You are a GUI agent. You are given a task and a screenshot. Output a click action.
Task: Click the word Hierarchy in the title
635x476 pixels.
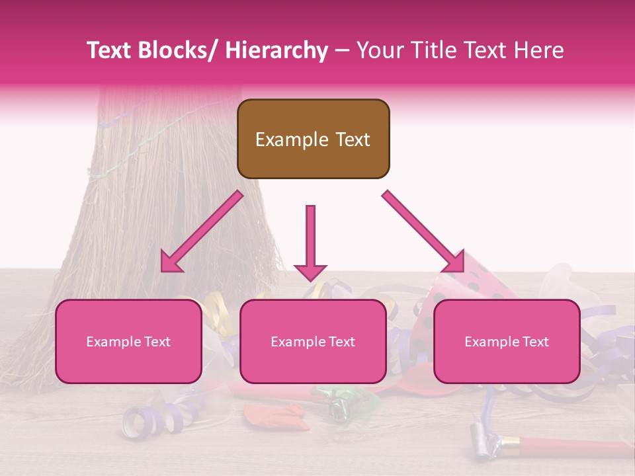tap(276, 51)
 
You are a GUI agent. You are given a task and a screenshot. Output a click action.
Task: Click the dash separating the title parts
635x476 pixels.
tap(341, 52)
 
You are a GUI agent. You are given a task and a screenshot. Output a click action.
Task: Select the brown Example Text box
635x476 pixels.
tap(313, 139)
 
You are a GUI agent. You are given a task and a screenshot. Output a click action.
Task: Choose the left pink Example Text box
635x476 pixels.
tap(128, 341)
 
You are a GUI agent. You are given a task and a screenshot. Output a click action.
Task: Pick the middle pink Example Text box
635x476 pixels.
tap(313, 341)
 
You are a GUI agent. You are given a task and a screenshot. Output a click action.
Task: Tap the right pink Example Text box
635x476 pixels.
tap(507, 341)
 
